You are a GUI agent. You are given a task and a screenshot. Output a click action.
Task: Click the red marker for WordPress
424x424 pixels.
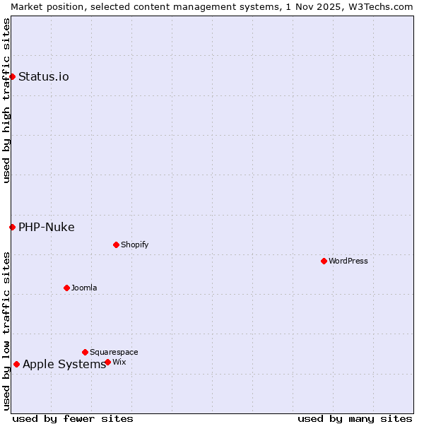[324, 261]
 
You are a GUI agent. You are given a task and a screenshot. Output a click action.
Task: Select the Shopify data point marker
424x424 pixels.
[116, 245]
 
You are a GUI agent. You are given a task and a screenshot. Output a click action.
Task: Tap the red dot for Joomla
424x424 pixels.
[66, 288]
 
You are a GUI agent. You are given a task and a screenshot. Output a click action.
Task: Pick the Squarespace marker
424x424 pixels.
[85, 352]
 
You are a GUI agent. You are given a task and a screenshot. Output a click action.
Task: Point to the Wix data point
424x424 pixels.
[107, 362]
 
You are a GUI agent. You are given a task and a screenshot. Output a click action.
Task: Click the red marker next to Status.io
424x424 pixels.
[12, 76]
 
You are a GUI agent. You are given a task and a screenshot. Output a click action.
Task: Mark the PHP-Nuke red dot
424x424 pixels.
[12, 227]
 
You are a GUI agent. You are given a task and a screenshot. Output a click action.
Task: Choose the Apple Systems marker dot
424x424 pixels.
[16, 364]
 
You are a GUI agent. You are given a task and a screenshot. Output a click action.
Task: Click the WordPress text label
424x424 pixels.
[348, 261]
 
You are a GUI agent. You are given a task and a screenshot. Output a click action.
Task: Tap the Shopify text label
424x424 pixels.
[134, 245]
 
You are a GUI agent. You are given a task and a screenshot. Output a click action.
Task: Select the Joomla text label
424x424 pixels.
[84, 288]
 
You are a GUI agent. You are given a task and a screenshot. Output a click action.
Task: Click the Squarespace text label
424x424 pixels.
[114, 352]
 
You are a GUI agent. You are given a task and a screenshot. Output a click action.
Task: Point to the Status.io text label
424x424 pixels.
[44, 76]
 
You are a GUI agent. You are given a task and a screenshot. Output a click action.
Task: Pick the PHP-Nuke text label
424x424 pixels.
[47, 227]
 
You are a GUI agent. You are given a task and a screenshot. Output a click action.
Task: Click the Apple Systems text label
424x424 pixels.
[64, 364]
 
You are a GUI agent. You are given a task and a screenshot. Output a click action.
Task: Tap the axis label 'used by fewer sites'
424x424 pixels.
[73, 418]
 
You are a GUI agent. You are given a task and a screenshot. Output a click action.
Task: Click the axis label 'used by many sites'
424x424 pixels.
[355, 418]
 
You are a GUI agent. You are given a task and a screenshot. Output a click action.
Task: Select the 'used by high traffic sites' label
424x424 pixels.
[6, 100]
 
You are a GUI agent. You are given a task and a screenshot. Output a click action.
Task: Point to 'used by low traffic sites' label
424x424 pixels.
[6, 331]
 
